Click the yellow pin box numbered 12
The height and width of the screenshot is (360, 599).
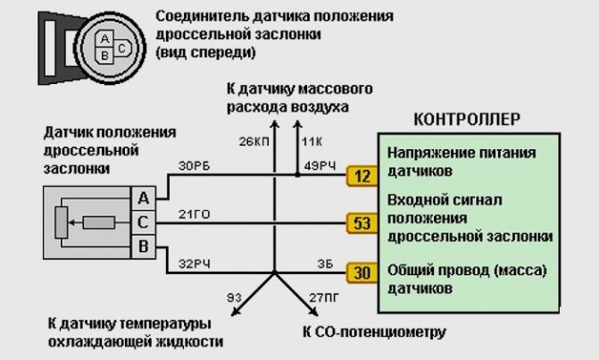360,176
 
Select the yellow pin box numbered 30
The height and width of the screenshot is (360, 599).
360,272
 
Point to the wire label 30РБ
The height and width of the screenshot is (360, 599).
196,164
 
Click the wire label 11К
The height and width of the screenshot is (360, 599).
313,140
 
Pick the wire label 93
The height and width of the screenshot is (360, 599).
235,296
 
